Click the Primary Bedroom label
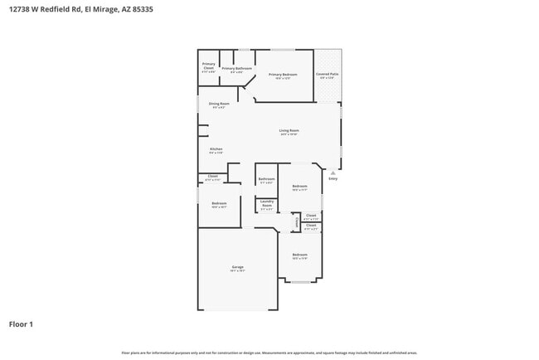pyautogui.click(x=283, y=75)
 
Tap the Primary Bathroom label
pyautogui.click(x=236, y=68)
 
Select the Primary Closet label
pyautogui.click(x=209, y=65)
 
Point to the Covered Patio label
pyautogui.click(x=327, y=75)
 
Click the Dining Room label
pyautogui.click(x=219, y=104)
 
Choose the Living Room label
pyautogui.click(x=289, y=130)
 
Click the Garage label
pyautogui.click(x=237, y=267)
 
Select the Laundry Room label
pyautogui.click(x=267, y=202)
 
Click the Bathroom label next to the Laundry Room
pyautogui.click(x=266, y=179)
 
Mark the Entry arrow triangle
pyautogui.click(x=333, y=172)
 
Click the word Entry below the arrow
pyautogui.click(x=333, y=178)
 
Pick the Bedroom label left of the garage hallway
pyautogui.click(x=219, y=203)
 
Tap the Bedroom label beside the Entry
pyautogui.click(x=299, y=187)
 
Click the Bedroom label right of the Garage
pyautogui.click(x=299, y=255)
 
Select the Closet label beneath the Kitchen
pyautogui.click(x=212, y=176)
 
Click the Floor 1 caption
pyautogui.click(x=21, y=324)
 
